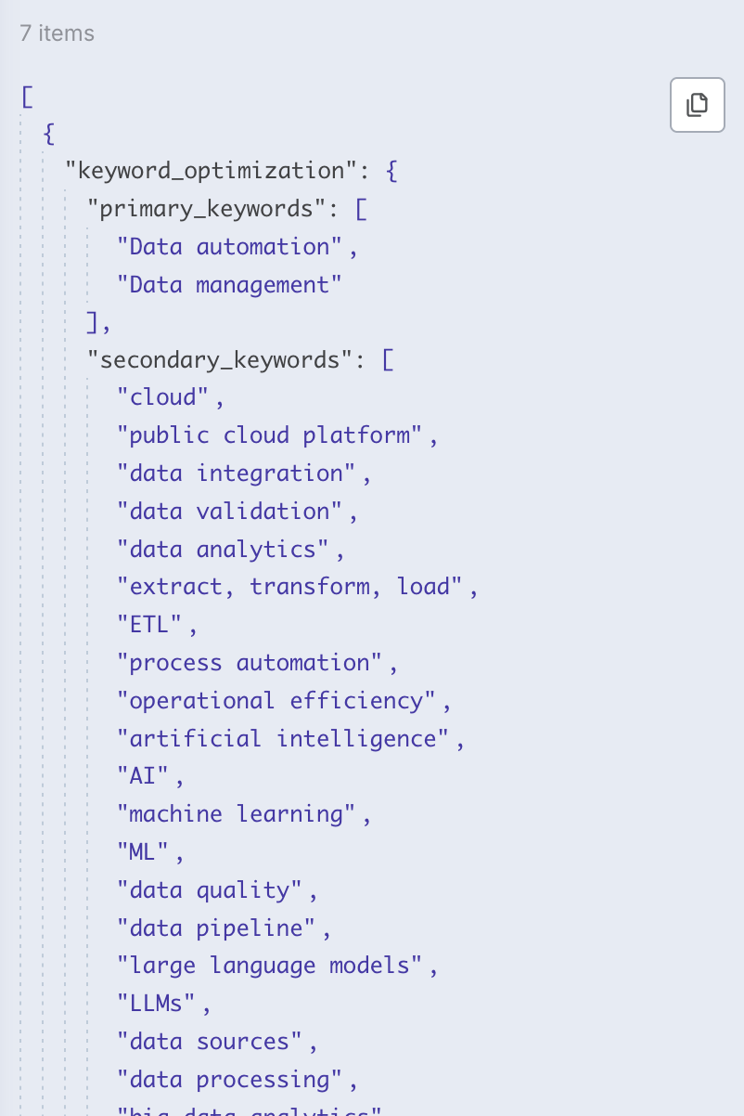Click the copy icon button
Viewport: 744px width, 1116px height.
coord(697,105)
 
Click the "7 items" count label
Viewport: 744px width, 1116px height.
coord(57,33)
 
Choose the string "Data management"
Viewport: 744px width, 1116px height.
coord(229,285)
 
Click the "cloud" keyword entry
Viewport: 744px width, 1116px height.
coord(163,397)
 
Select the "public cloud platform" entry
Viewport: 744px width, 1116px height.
coord(269,435)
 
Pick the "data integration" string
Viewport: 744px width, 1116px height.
coord(236,474)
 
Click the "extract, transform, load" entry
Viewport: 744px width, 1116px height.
coord(289,587)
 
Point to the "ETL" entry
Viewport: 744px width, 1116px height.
coord(150,625)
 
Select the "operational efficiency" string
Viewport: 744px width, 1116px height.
coord(276,701)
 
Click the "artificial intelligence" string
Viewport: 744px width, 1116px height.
coord(282,739)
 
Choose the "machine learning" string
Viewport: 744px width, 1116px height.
coord(236,814)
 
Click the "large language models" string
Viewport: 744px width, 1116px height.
coord(269,966)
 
